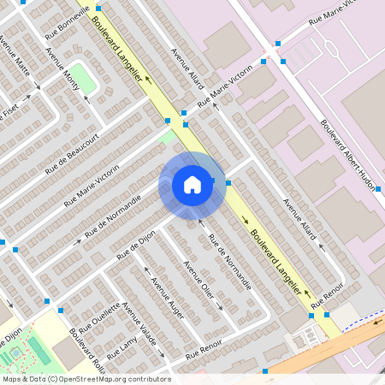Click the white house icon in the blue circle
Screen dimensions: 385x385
click(x=192, y=185)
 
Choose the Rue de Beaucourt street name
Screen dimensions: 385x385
click(x=73, y=146)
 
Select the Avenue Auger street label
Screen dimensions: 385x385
click(x=166, y=294)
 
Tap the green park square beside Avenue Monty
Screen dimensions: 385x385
click(x=81, y=74)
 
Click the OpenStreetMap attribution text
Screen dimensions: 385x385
click(x=86, y=378)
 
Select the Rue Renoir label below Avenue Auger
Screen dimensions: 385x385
click(x=204, y=348)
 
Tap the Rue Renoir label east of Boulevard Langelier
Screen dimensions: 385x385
click(x=329, y=297)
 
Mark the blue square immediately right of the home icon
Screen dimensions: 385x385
click(x=228, y=182)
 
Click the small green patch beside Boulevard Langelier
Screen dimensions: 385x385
click(x=168, y=135)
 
